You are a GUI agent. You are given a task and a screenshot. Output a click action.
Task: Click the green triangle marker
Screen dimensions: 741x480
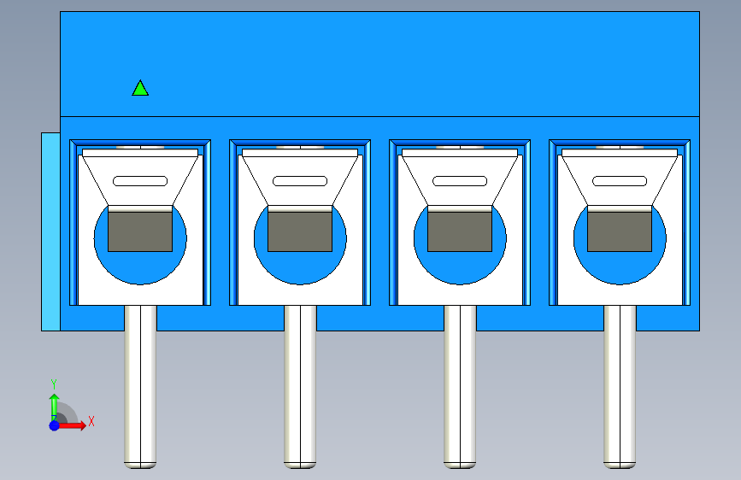(x=140, y=89)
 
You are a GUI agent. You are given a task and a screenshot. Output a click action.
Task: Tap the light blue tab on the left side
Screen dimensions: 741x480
(x=50, y=231)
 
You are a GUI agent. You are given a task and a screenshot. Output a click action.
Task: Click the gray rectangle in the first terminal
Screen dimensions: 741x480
(x=140, y=231)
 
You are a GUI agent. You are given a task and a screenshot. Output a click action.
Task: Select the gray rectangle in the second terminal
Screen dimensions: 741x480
(x=300, y=231)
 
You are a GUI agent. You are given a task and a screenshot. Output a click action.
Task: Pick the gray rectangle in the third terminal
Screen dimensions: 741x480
(x=460, y=231)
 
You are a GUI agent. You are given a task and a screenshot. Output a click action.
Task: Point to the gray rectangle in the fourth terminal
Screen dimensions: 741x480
(x=620, y=231)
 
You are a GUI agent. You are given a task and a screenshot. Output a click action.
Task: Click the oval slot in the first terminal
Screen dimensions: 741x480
(x=140, y=181)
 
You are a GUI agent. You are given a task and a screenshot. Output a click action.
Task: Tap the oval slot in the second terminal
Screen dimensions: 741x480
(x=300, y=181)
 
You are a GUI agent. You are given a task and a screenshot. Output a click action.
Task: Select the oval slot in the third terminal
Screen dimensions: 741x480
(x=460, y=181)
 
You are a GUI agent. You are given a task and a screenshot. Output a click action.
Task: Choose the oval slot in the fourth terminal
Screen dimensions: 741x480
(x=620, y=181)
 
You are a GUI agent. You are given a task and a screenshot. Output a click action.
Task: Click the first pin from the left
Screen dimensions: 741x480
(x=140, y=387)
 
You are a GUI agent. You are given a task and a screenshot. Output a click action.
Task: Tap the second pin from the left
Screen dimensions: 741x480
(x=300, y=387)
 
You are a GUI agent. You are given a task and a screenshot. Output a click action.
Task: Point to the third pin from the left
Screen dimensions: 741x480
(x=460, y=387)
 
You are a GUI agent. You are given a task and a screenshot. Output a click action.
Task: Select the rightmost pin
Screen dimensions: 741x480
(x=620, y=387)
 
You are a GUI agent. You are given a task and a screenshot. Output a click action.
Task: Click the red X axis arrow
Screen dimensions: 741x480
(x=71, y=425)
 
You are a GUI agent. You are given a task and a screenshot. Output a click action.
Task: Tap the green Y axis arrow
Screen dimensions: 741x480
(x=55, y=407)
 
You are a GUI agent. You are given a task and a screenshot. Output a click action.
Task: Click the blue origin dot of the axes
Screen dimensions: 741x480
(x=55, y=425)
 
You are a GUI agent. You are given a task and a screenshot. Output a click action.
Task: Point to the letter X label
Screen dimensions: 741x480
(x=91, y=421)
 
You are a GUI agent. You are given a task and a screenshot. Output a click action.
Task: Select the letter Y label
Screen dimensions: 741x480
(x=54, y=384)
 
